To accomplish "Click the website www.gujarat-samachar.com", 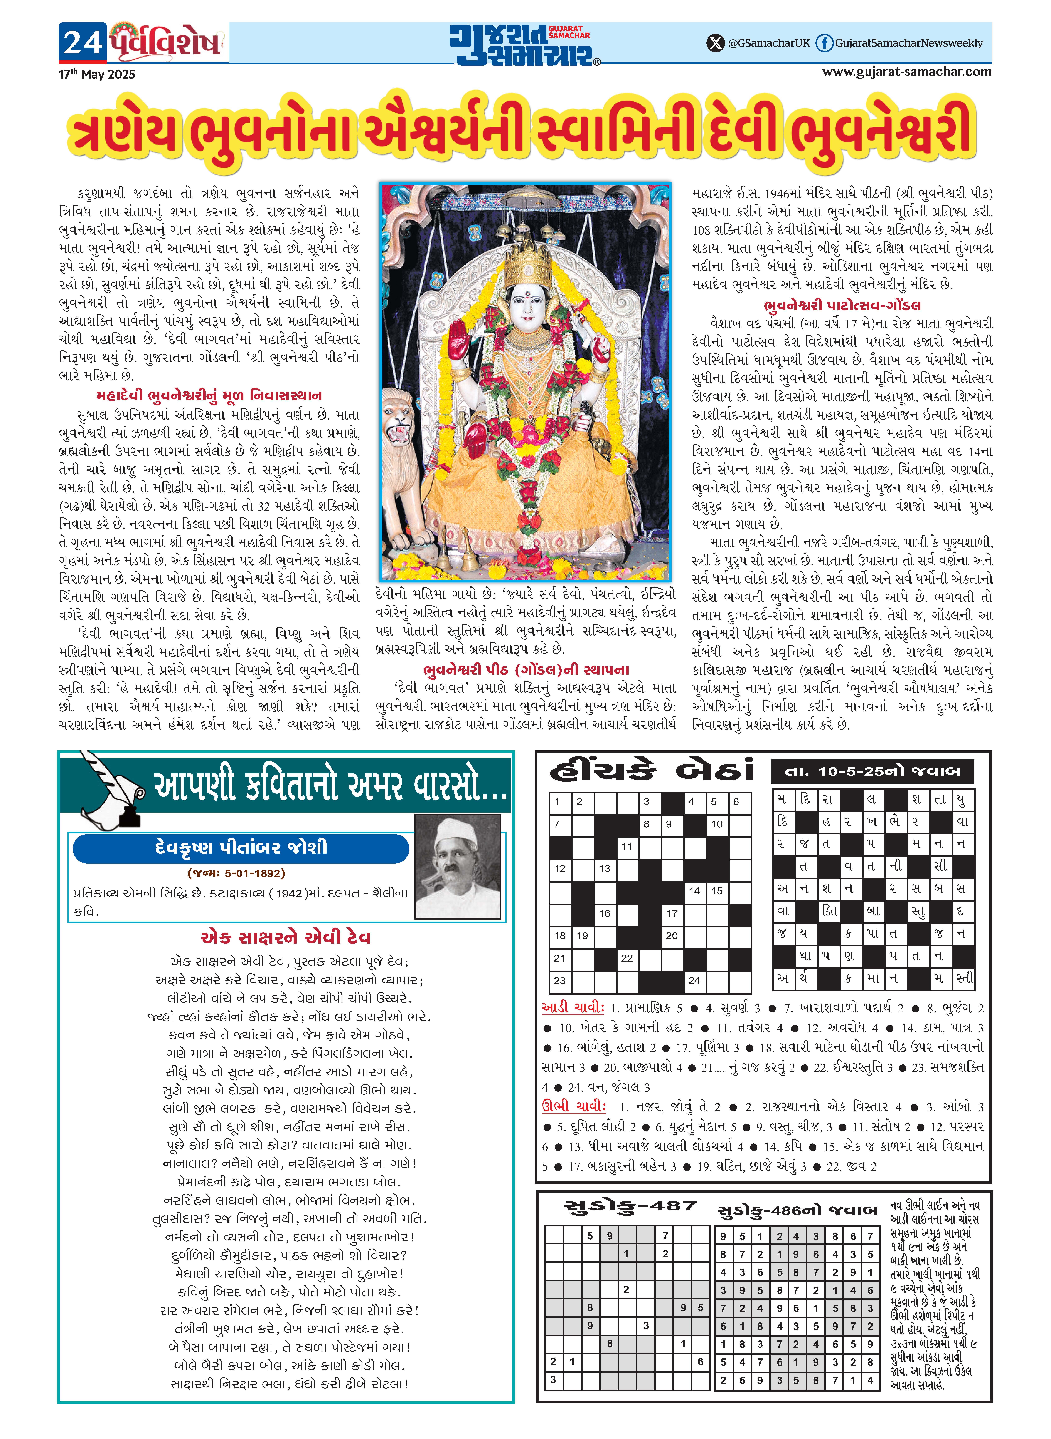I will (907, 71).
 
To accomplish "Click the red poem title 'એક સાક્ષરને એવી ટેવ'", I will (285, 937).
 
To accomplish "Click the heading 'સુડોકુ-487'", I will (630, 1205).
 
